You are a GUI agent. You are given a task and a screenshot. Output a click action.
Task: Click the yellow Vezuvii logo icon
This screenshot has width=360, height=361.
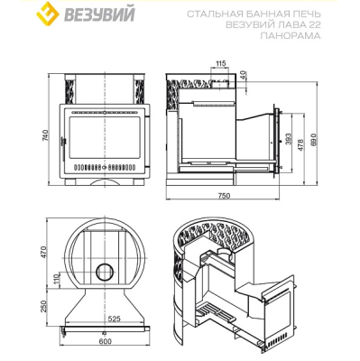coord(47,14)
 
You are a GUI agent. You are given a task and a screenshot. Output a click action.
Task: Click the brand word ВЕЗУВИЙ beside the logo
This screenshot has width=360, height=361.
coord(98,14)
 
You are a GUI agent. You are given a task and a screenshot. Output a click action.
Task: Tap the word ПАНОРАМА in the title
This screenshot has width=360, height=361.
coord(291,36)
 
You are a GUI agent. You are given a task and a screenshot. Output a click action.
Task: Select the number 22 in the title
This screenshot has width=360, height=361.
coord(314,25)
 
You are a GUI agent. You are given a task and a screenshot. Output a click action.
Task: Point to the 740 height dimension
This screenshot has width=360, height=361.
coord(45,136)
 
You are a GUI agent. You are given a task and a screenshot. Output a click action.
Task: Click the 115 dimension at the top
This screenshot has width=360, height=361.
coord(221,63)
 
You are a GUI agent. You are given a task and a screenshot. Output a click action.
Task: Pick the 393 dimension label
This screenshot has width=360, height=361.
coord(289,140)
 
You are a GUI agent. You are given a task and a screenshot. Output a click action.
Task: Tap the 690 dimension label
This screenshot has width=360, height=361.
coord(315,140)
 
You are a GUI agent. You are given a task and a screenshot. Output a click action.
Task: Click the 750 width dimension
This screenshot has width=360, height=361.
coord(224,196)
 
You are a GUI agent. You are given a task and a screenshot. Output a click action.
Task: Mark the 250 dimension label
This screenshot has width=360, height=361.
coord(44,306)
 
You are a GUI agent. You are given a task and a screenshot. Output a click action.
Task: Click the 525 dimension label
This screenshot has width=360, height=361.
coord(114,319)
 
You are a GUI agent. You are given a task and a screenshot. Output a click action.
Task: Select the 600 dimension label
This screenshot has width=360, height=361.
coord(105,341)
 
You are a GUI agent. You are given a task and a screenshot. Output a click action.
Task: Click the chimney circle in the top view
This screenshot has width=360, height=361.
coord(106,272)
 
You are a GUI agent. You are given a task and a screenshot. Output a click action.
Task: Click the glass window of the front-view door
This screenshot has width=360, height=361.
coord(105,138)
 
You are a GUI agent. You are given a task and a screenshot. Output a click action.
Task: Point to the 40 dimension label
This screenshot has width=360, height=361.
coord(243,75)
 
